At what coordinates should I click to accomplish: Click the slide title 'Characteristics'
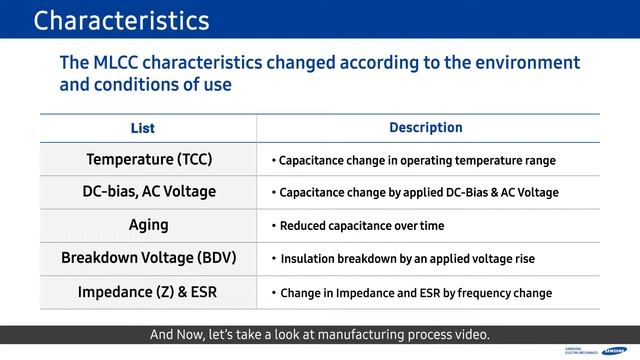121,20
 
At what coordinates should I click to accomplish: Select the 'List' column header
143,128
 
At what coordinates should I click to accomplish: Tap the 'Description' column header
425,128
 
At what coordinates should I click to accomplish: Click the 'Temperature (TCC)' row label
149,159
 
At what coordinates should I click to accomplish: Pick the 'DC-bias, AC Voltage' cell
149,192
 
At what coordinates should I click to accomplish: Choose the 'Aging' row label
149,225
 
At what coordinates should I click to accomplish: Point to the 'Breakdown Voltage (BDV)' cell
149,258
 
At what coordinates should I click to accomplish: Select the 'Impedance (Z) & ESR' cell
149,292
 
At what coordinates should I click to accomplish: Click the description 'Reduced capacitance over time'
361,226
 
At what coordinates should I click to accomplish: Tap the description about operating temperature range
417,160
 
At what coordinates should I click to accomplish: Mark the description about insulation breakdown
407,259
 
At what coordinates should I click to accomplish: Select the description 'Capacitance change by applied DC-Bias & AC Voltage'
419,193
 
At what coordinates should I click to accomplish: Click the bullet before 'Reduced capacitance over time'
273,226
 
